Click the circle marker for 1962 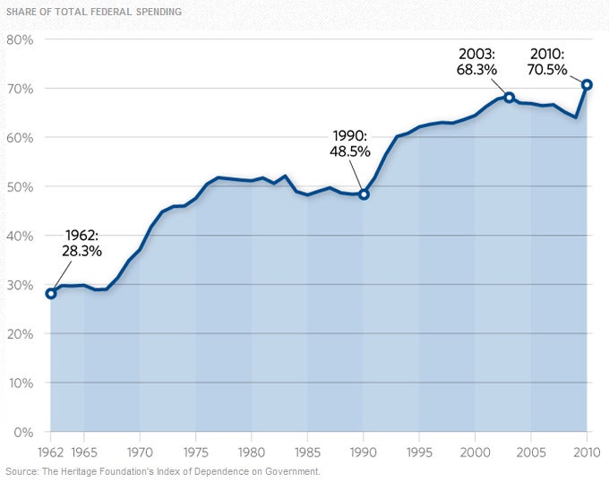50,293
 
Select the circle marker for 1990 364,194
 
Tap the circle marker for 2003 509,97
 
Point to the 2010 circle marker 588,85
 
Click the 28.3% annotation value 81,252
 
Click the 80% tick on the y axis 20,40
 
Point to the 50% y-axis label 20,187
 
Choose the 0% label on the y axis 23,432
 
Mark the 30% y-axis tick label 20,285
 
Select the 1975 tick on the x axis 195,452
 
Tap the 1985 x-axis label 307,452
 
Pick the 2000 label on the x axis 475,452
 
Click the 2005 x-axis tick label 531,452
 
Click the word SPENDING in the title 158,13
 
